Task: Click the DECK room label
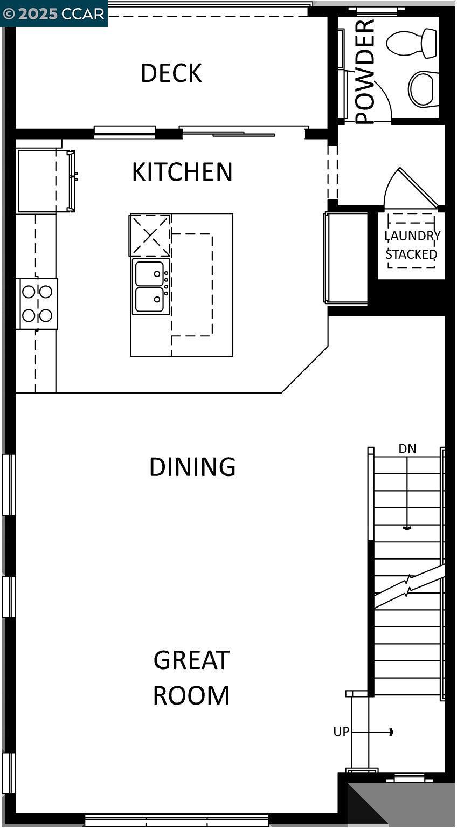click(x=171, y=73)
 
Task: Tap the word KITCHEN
click(x=182, y=172)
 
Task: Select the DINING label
click(x=192, y=467)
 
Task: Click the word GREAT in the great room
click(x=191, y=660)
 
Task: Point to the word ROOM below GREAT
click(x=191, y=695)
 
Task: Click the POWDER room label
click(x=365, y=71)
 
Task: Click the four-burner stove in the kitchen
click(x=37, y=303)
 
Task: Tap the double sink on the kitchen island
click(x=150, y=286)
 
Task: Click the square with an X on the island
click(x=150, y=235)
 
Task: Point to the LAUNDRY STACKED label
click(x=412, y=245)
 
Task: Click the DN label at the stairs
click(x=407, y=448)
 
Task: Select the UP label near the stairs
click(x=341, y=732)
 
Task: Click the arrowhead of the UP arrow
click(x=391, y=732)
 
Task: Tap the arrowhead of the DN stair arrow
click(x=407, y=528)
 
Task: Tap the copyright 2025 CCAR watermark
click(x=53, y=13)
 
